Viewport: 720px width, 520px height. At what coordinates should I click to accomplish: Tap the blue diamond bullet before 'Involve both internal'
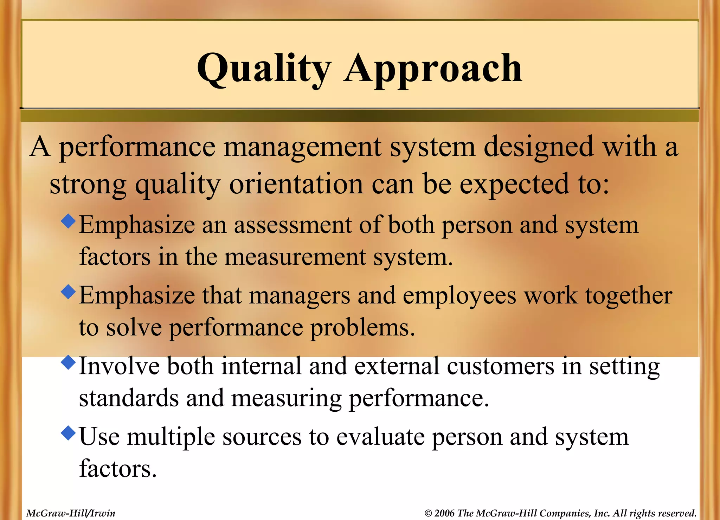68,362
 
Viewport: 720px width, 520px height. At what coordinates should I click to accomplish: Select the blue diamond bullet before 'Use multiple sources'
68,433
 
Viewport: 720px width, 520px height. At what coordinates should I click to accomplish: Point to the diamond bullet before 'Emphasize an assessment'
68,221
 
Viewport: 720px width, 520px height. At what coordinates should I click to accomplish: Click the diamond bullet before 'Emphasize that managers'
68,291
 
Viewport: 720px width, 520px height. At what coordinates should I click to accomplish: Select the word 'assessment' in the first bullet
292,225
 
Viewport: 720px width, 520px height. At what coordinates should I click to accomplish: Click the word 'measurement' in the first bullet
295,257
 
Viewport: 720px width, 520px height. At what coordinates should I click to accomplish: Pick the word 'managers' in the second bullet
300,296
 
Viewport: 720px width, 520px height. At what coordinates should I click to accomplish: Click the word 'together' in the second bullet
629,296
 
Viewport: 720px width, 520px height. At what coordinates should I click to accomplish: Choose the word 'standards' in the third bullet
129,398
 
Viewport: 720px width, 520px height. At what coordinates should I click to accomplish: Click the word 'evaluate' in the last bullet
380,437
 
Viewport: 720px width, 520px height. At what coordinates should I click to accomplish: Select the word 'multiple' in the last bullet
171,437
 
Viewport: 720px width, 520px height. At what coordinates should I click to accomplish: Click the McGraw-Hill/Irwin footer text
71,513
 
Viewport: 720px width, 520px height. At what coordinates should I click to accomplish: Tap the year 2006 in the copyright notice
444,513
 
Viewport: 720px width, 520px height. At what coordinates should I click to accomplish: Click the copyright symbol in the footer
428,514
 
